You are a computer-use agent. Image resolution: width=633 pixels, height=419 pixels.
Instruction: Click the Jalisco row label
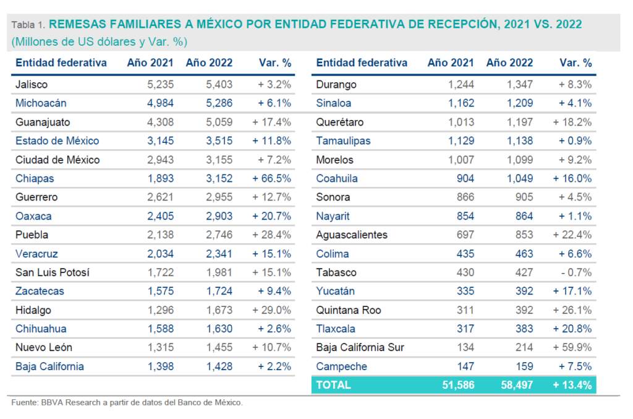pos(32,85)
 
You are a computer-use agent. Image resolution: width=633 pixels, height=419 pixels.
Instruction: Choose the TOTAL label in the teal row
pos(333,385)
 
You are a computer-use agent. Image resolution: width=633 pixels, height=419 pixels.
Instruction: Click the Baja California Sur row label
pos(360,348)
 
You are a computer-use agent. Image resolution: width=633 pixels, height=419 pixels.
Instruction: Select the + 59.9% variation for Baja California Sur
pos(572,348)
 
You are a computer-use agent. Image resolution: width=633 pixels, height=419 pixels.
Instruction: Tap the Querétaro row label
pos(339,123)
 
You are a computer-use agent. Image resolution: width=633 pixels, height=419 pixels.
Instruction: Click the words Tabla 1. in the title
pos(28,25)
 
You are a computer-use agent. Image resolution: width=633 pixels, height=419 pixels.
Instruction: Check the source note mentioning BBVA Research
pos(127,403)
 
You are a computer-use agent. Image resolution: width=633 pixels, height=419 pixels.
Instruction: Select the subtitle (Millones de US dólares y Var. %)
pos(99,42)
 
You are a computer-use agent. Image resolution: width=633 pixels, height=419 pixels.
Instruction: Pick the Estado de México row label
pos(57,141)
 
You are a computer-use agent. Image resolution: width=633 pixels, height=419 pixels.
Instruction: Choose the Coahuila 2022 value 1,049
pos(519,179)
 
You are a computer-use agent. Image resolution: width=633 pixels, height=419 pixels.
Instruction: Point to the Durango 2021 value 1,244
pos(460,85)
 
